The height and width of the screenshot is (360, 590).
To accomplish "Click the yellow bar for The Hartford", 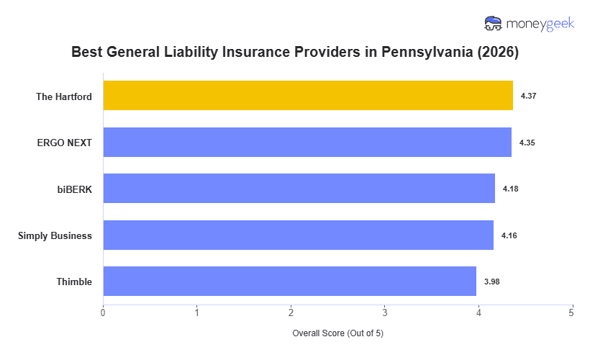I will [x=308, y=96].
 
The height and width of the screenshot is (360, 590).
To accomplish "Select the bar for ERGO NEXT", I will [x=307, y=143].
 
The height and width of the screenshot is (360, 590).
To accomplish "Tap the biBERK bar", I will [x=299, y=189].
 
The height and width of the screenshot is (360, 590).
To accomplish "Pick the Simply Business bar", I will [x=299, y=235].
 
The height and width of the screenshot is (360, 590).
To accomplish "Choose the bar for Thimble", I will [x=290, y=282].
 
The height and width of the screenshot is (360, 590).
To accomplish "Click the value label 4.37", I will [x=529, y=96].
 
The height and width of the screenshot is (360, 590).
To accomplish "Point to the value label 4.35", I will [x=527, y=143].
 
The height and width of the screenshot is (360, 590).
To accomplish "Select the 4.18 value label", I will [x=511, y=189].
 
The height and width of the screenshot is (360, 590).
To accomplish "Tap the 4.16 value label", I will [x=509, y=235].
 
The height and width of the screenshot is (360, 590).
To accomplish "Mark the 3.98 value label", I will [x=492, y=282].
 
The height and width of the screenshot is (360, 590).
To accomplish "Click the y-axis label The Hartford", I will [x=64, y=96].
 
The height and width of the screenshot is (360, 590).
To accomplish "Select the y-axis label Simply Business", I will [x=55, y=235].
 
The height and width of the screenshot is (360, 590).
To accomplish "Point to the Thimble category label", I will [x=74, y=282].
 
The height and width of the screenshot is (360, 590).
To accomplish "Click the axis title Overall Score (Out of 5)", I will [x=337, y=334].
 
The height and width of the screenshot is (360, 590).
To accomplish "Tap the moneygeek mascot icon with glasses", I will [x=494, y=24].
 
